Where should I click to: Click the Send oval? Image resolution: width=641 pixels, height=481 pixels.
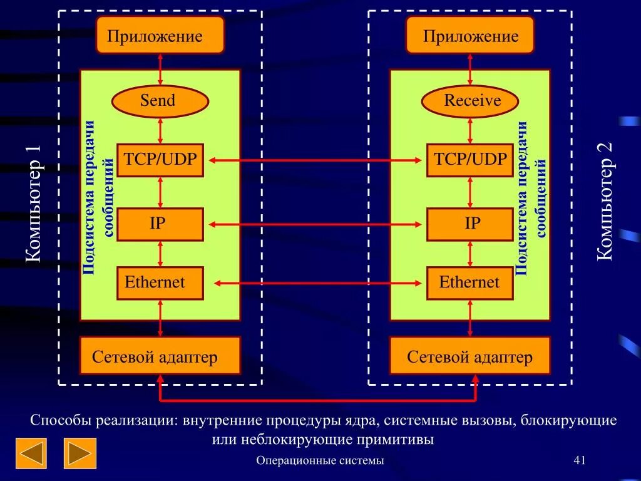(x=160, y=101)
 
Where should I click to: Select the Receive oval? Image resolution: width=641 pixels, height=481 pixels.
(x=470, y=101)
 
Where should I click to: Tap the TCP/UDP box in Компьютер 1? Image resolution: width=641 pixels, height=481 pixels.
(x=160, y=160)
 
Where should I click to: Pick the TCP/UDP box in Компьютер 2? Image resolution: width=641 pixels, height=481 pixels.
(x=470, y=160)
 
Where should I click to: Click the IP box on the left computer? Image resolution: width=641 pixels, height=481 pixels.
(x=160, y=224)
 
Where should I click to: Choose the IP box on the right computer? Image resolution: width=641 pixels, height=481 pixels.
(x=470, y=224)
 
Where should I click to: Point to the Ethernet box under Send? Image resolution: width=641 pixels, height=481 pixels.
(x=160, y=283)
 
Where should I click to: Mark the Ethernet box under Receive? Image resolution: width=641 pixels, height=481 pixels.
(x=470, y=283)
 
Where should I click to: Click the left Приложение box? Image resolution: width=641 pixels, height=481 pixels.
(x=160, y=35)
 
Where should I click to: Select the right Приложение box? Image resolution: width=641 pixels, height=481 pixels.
(x=470, y=35)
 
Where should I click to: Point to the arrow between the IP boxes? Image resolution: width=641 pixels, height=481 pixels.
(x=315, y=224)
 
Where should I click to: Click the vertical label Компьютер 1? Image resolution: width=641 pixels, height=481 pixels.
(x=34, y=204)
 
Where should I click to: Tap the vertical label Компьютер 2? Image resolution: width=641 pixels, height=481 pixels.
(x=606, y=200)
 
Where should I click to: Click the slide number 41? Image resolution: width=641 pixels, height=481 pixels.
(x=579, y=461)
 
